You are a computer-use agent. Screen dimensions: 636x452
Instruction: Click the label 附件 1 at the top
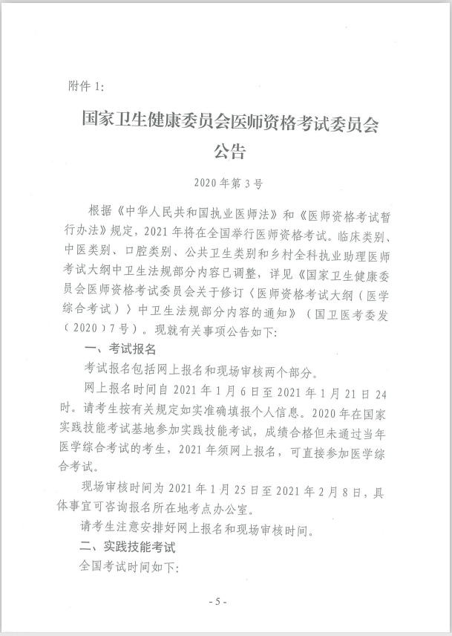point(85,87)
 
